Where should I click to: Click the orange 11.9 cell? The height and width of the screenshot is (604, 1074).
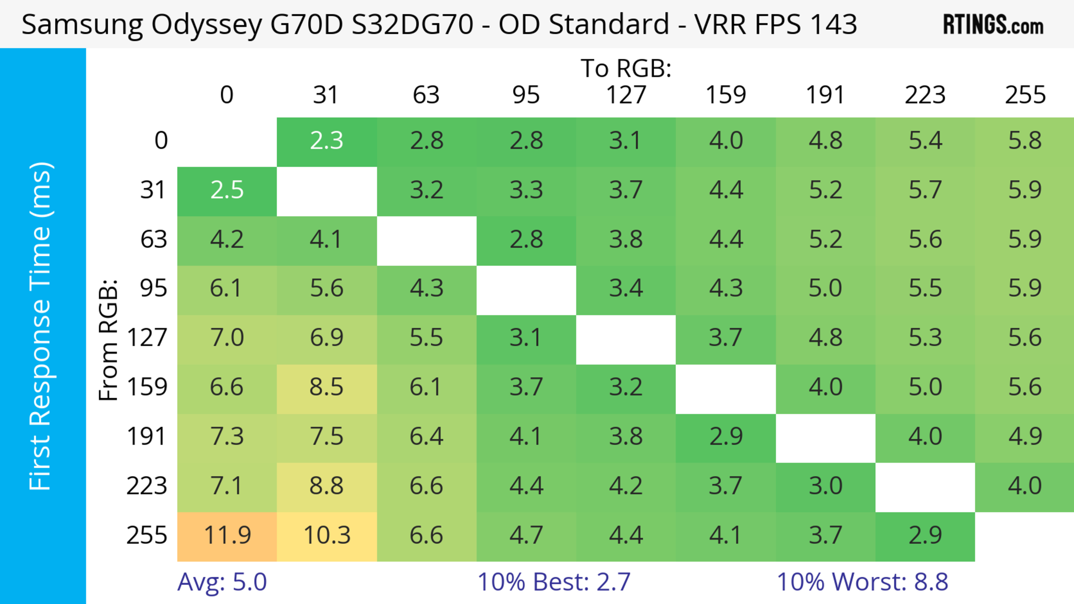tap(227, 536)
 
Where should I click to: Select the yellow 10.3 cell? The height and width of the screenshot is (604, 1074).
tap(327, 536)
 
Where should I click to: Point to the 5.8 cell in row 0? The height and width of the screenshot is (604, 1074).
tap(1025, 141)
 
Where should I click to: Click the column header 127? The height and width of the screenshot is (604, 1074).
tap(626, 95)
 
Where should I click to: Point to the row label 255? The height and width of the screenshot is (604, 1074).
tap(147, 536)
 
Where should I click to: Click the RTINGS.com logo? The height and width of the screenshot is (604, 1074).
tap(993, 25)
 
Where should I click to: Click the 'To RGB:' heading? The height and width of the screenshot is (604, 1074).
tap(626, 69)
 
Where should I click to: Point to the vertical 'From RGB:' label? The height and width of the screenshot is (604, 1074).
tap(109, 340)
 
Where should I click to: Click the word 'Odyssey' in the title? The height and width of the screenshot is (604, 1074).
tap(206, 25)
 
